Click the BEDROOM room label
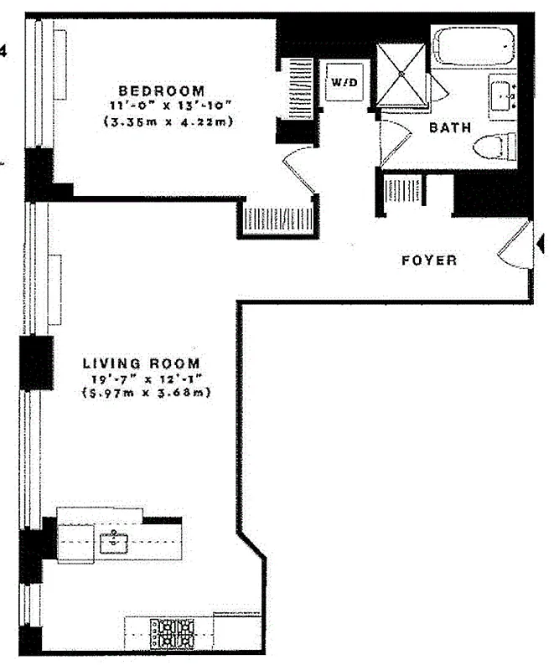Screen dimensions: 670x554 click(x=162, y=90)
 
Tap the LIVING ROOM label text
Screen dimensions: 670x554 click(x=142, y=363)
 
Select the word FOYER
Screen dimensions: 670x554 click(x=429, y=260)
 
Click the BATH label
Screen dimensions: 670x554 click(x=449, y=128)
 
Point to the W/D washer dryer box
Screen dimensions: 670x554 click(x=343, y=83)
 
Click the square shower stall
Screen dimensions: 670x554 click(x=401, y=75)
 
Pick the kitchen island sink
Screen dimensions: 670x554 click(x=113, y=543)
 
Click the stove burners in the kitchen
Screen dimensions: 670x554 click(x=173, y=633)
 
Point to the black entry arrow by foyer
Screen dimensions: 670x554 click(x=540, y=244)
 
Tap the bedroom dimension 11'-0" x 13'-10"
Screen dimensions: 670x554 click(x=162, y=106)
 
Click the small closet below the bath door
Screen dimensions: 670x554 click(x=402, y=191)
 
